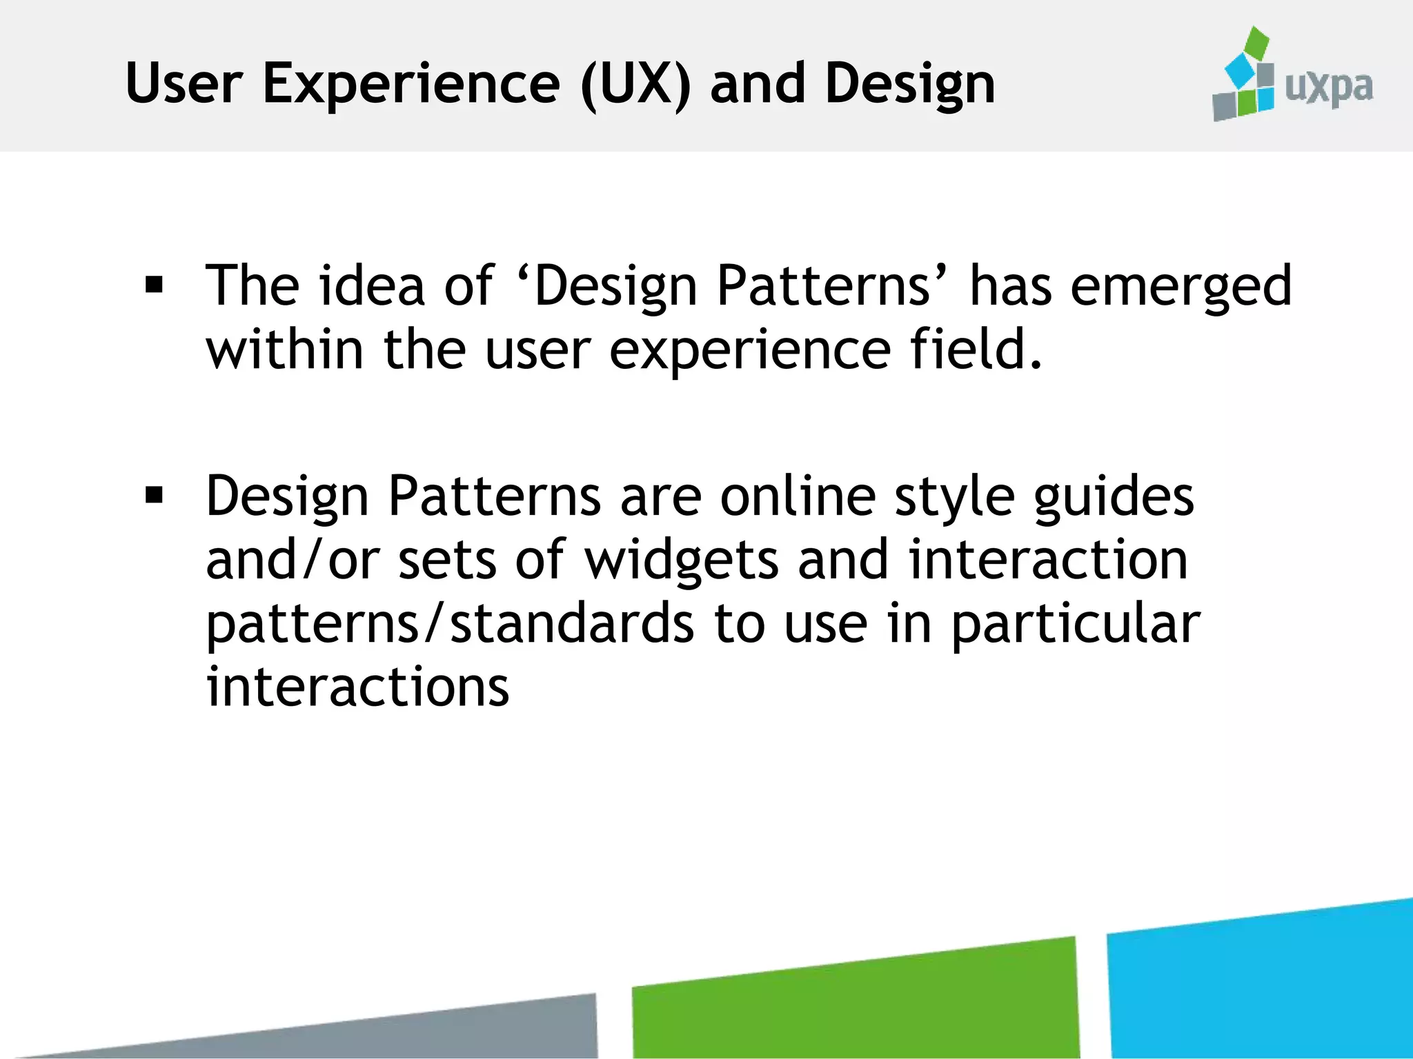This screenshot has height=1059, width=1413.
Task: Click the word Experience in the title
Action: pos(411,84)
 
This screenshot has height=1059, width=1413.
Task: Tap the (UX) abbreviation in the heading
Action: pos(635,84)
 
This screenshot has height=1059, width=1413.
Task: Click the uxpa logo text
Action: pos(1329,88)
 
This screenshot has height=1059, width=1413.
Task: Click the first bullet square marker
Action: pos(155,285)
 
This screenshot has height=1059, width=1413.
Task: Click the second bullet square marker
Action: pos(155,495)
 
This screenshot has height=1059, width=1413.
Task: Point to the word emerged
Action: pos(1180,286)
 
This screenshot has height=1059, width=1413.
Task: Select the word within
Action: pos(284,349)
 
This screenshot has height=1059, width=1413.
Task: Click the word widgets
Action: pos(682,560)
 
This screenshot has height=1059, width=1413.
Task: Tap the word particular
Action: pos(1076,625)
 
